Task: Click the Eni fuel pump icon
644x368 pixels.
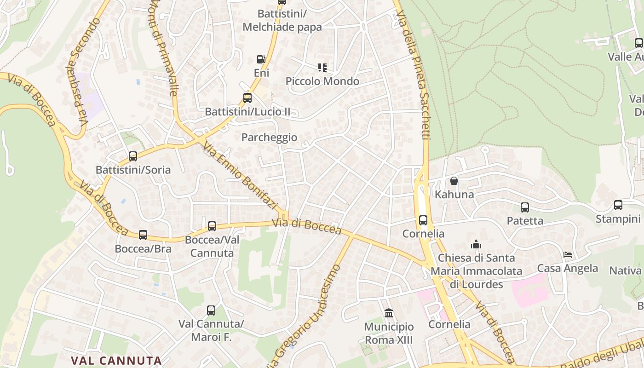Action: tap(261, 59)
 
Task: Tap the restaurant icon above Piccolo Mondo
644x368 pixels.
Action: tap(322, 68)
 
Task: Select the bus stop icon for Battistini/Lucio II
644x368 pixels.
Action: tap(247, 98)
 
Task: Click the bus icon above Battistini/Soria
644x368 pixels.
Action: tap(133, 156)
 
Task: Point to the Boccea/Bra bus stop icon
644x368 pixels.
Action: tap(143, 235)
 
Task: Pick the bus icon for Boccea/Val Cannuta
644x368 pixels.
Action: tap(212, 226)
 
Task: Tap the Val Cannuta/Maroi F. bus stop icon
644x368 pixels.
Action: tap(211, 310)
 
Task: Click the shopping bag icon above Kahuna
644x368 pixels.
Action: tap(454, 181)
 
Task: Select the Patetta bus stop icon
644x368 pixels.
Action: tap(525, 207)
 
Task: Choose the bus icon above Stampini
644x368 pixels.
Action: tap(618, 205)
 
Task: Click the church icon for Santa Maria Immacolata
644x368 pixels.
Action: tap(476, 244)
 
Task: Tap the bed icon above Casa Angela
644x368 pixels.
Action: tap(568, 255)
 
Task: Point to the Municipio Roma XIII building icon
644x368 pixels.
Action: tap(389, 313)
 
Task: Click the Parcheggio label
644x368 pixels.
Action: tap(269, 138)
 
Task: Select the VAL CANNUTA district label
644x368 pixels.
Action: tap(116, 361)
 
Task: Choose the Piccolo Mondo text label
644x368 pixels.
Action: tap(322, 81)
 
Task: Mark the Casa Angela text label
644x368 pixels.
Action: tap(568, 268)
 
